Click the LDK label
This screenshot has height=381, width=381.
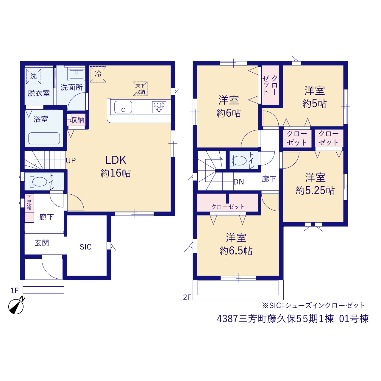[116, 160]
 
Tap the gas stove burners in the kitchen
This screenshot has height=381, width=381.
[159, 107]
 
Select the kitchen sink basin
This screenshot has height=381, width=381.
[123, 107]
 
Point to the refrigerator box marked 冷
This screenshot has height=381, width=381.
[98, 74]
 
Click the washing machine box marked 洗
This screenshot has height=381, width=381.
[33, 76]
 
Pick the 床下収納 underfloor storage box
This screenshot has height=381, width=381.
[140, 89]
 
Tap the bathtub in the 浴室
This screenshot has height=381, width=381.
[44, 138]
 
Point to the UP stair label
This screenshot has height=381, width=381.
[71, 160]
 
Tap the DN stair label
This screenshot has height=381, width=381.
[239, 182]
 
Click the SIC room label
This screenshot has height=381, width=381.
[86, 247]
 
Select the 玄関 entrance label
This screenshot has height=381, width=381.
[42, 243]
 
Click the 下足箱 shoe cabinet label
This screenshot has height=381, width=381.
[29, 202]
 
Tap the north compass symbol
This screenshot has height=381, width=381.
[16, 306]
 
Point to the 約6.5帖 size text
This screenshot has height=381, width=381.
[236, 251]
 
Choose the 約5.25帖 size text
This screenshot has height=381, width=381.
[315, 190]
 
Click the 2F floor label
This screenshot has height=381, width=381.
[187, 297]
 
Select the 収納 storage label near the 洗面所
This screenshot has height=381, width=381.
[77, 120]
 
